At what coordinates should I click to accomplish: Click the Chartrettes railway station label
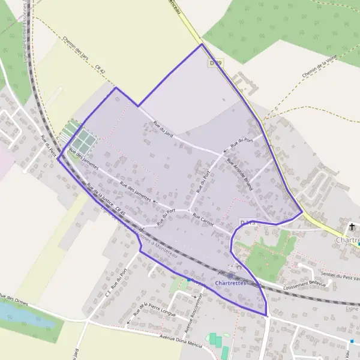(x=229, y=283)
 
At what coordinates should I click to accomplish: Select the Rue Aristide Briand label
(x=239, y=175)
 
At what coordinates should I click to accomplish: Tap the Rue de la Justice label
(x=100, y=196)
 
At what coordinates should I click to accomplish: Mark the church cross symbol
(x=352, y=227)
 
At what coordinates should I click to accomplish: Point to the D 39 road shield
(x=216, y=62)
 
